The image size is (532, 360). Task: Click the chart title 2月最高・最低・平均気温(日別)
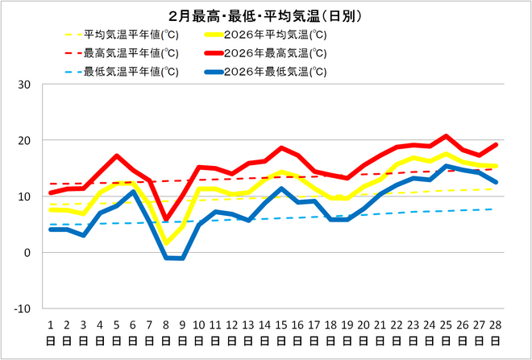265,15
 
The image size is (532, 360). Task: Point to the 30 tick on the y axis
24,85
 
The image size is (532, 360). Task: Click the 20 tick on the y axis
24,140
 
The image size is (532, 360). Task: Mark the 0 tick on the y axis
27,253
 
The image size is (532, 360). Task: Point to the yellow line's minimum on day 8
166,242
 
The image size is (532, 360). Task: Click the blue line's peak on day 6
133,192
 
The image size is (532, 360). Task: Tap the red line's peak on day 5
117,156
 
